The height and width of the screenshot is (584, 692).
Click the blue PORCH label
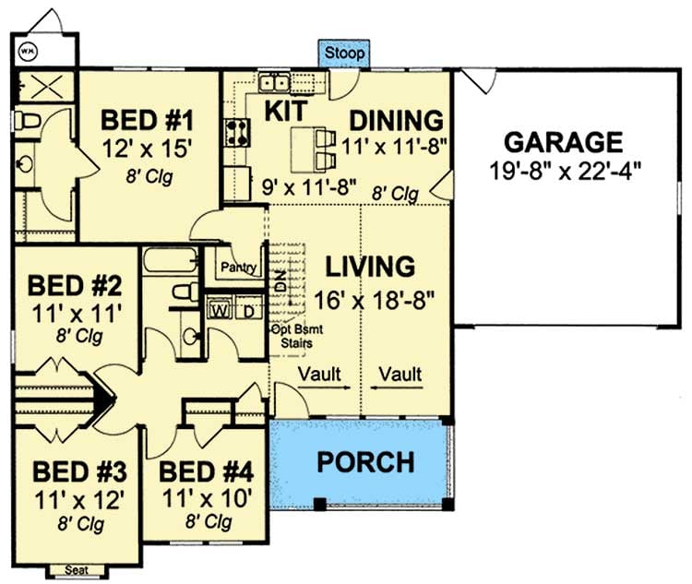[366, 461]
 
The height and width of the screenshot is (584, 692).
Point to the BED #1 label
[147, 120]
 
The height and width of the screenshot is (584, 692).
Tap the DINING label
[397, 120]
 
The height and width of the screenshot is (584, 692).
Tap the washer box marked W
[220, 309]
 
